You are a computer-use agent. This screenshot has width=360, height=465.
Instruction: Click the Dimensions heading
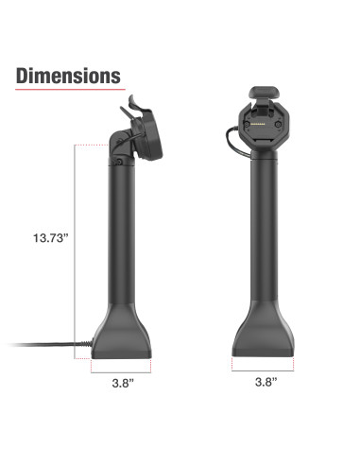coord(69,76)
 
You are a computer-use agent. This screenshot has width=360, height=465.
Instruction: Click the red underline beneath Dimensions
coord(69,93)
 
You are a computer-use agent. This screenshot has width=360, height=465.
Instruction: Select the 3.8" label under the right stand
coord(266,385)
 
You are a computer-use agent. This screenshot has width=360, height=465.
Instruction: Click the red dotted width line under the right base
coord(266,370)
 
